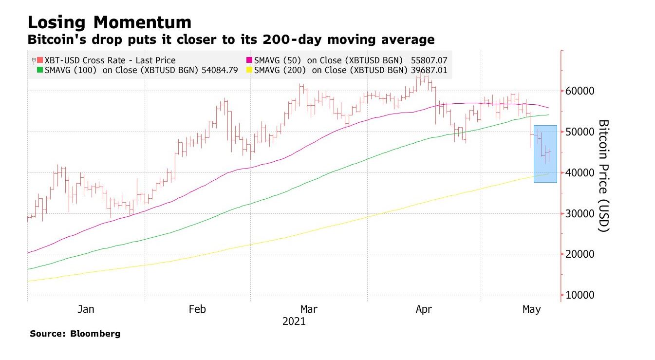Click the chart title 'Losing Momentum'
pyautogui.click(x=110, y=22)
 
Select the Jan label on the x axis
pyautogui.click(x=86, y=309)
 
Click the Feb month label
pyautogui.click(x=197, y=309)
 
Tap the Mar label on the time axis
pyautogui.click(x=309, y=309)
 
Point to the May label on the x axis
pyautogui.click(x=531, y=309)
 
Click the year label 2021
pyautogui.click(x=294, y=322)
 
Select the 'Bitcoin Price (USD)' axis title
pyautogui.click(x=603, y=175)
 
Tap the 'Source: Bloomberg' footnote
pyautogui.click(x=75, y=334)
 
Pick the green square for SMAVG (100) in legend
pyautogui.click(x=40, y=70)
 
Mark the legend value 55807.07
pyautogui.click(x=430, y=60)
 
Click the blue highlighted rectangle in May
pyautogui.click(x=545, y=153)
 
